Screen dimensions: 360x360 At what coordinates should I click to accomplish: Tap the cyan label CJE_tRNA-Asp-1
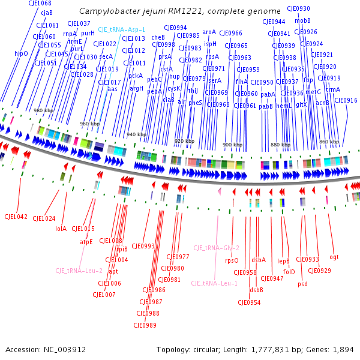point(122,29)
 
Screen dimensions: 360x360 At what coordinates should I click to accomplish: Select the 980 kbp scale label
point(44,110)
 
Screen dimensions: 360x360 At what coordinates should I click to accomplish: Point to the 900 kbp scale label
point(232,145)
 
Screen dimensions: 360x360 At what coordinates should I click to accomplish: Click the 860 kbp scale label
point(329,142)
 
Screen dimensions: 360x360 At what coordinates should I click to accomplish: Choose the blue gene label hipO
point(21,53)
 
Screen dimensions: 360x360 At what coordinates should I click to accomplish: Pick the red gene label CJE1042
point(16,217)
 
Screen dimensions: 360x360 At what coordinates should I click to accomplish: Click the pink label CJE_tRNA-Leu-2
point(79,271)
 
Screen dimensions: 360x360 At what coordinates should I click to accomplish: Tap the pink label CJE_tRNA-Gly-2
point(216,248)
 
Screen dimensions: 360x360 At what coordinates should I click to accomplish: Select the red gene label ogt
point(334,257)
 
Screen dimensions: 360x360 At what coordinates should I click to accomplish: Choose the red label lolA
point(61,229)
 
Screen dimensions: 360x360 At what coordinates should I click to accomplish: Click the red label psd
point(302,284)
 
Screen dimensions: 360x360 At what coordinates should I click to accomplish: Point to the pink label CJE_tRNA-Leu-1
point(214,283)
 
